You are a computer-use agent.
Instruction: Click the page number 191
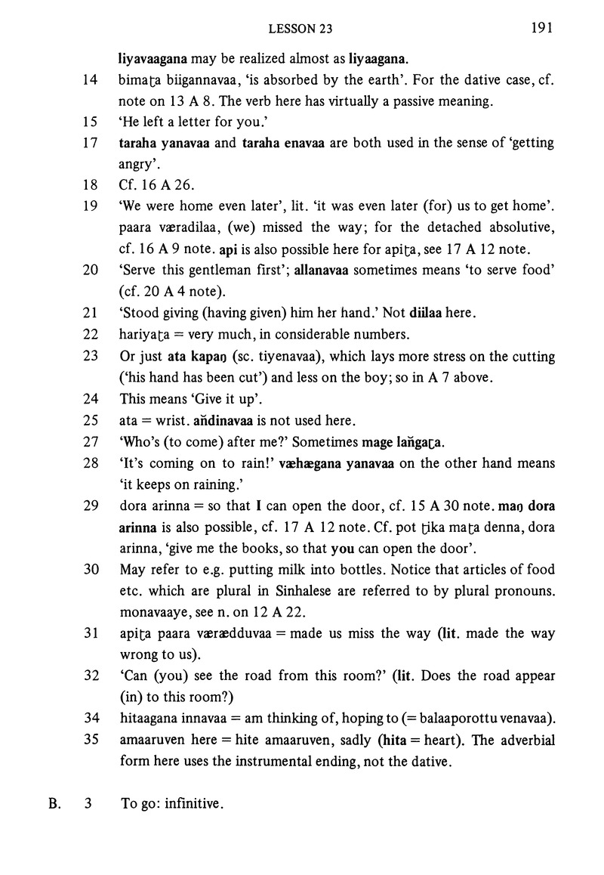(541, 29)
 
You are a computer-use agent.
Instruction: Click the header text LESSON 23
(301, 29)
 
